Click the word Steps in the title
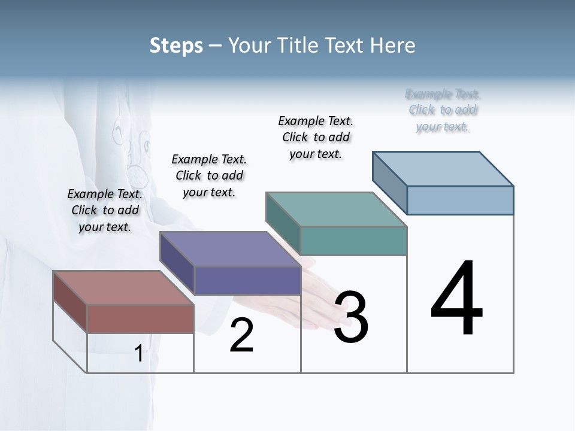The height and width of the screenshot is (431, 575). click(x=176, y=45)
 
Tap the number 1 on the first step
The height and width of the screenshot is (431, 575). click(x=138, y=353)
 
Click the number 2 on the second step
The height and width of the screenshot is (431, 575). click(x=241, y=336)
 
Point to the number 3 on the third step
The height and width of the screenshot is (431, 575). click(x=351, y=317)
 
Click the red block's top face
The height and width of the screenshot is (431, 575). click(x=123, y=287)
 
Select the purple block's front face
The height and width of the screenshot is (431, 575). click(x=247, y=280)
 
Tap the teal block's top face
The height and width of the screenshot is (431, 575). click(x=336, y=210)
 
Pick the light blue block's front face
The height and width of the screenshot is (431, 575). click(x=460, y=200)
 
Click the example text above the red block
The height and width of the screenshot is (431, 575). click(x=105, y=210)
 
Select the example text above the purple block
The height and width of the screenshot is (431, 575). click(x=209, y=175)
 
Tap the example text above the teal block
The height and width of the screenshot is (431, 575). click(x=316, y=137)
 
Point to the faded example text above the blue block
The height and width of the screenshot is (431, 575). click(x=443, y=110)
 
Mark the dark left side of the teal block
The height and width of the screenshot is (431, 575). click(x=283, y=223)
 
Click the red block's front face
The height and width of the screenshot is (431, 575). click(x=140, y=318)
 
